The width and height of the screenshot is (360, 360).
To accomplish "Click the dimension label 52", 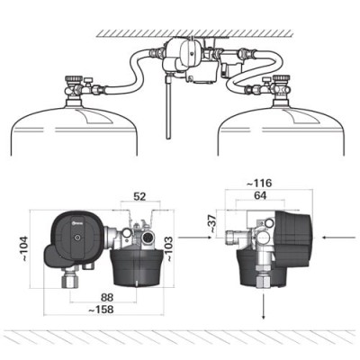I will tap(140, 195).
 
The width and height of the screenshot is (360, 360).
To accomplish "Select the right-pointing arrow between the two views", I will tap(191, 238).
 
